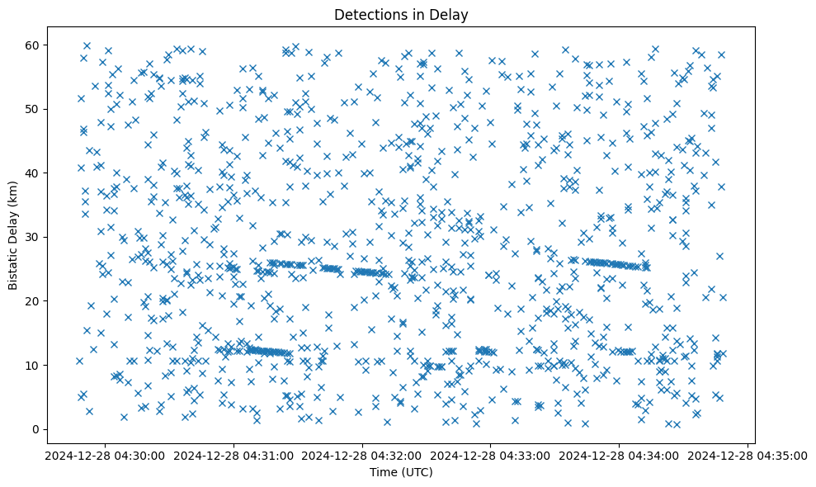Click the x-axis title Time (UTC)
coord(400,472)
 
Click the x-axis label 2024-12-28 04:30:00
coord(104,455)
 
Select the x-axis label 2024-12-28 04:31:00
coord(233,455)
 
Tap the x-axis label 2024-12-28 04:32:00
coord(362,455)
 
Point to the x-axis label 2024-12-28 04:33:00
coord(491,455)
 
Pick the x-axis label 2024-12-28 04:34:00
coord(620,455)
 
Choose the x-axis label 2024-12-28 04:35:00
coord(748,455)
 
